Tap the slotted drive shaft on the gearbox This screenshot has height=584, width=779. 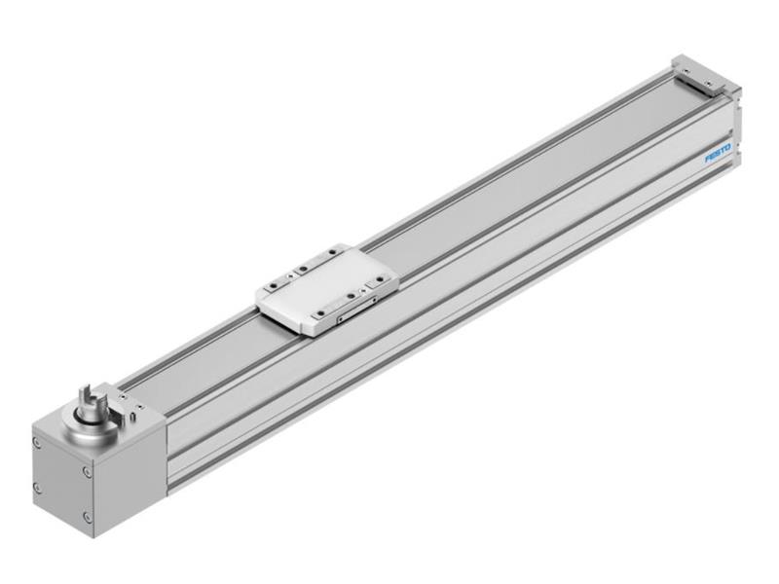pyautogui.click(x=91, y=400)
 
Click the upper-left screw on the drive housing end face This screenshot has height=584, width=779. pyautogui.click(x=37, y=443)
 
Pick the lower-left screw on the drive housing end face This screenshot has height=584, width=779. pyautogui.click(x=37, y=489)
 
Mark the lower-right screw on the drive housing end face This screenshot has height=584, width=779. pyautogui.click(x=88, y=517)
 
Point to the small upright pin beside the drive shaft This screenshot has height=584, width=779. pyautogui.click(x=132, y=416)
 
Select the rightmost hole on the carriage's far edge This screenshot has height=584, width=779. pyautogui.click(x=333, y=253)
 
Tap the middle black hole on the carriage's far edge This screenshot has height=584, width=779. pyautogui.click(x=303, y=269)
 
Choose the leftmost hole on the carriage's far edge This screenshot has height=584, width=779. pyautogui.click(x=274, y=285)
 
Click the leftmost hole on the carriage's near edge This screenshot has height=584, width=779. pyautogui.click(x=320, y=312)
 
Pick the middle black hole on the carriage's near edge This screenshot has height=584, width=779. pyautogui.click(x=351, y=296)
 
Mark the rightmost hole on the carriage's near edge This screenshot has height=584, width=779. pyautogui.click(x=380, y=278)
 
